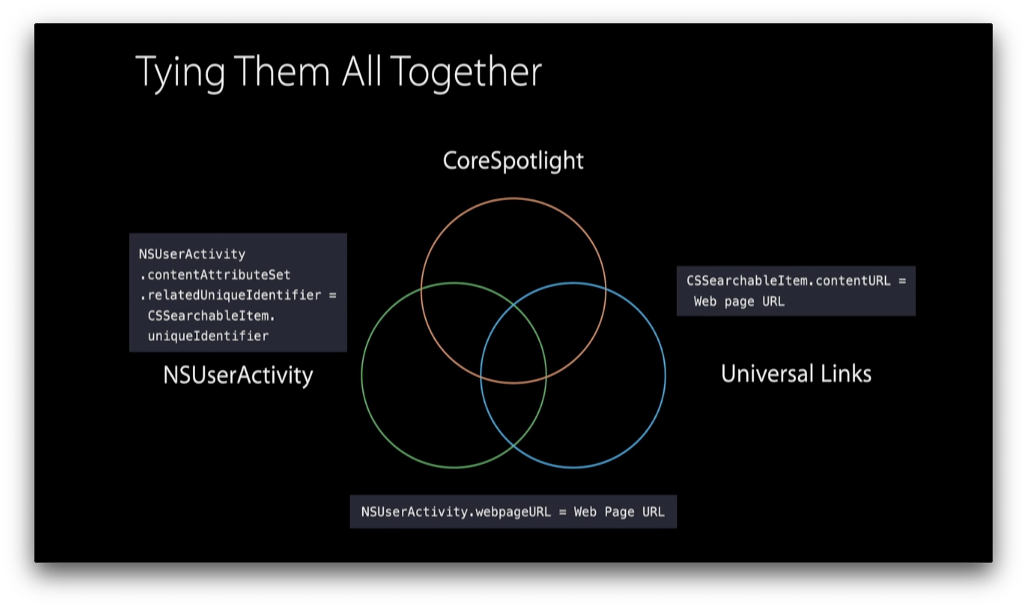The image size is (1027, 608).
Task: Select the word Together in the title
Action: (x=466, y=73)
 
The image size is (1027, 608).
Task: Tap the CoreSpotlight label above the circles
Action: (x=513, y=161)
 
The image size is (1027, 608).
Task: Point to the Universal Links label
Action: (x=796, y=374)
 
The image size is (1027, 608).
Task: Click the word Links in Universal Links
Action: (x=846, y=374)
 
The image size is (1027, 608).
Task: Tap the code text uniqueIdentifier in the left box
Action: (x=208, y=336)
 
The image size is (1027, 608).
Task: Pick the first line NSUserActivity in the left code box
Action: (x=192, y=254)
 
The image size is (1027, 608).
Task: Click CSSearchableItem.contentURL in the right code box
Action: (x=788, y=281)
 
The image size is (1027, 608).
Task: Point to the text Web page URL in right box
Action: (x=739, y=302)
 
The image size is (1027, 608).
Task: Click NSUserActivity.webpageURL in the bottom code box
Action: (x=456, y=512)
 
